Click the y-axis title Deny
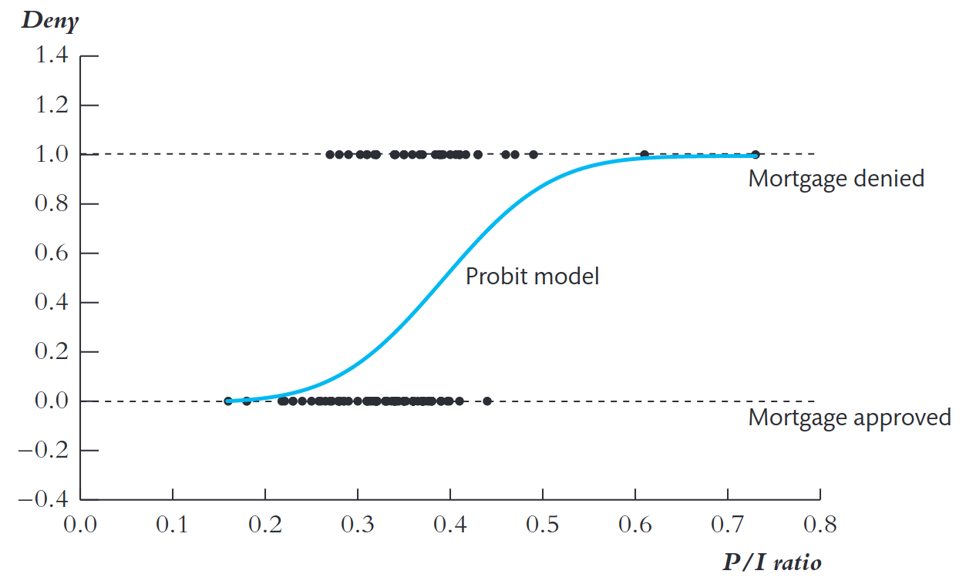pos(50,21)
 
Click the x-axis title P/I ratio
pos(772,562)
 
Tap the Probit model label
pos(533,276)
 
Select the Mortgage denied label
pos(836,179)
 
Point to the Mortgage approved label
pos(850,418)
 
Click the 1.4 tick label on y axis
pos(52,55)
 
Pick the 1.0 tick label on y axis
pos(52,154)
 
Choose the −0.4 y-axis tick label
pos(43,499)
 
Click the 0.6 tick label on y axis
pos(52,253)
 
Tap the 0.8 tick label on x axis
pos(820,524)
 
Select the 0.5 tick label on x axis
pos(543,524)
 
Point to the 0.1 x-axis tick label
pos(173,524)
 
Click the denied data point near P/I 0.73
pos(756,154)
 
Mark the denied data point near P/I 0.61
pos(644,154)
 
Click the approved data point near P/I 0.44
pos(487,401)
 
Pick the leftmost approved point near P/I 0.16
pos(228,401)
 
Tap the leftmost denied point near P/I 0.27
pos(330,154)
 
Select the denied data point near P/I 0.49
pos(533,154)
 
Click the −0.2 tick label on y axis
pos(43,450)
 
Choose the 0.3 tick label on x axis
pos(357,524)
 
